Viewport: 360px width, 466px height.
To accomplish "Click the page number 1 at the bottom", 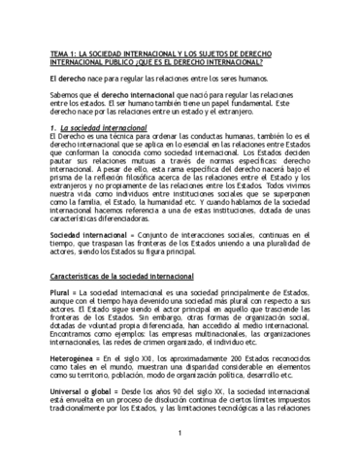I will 180,437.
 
